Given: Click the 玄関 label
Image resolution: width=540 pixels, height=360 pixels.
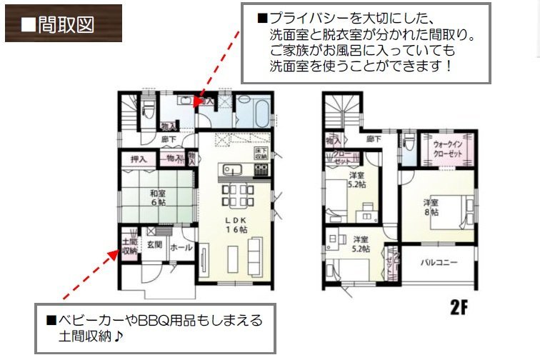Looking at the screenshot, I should point(155,245).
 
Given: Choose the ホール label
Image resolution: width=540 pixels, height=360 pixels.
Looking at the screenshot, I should point(181,249).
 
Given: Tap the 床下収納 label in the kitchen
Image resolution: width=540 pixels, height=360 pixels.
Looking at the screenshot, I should point(261,152).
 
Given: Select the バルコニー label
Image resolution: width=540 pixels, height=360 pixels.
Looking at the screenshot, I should point(439,263).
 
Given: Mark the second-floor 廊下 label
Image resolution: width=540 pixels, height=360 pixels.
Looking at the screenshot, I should point(373,139).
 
